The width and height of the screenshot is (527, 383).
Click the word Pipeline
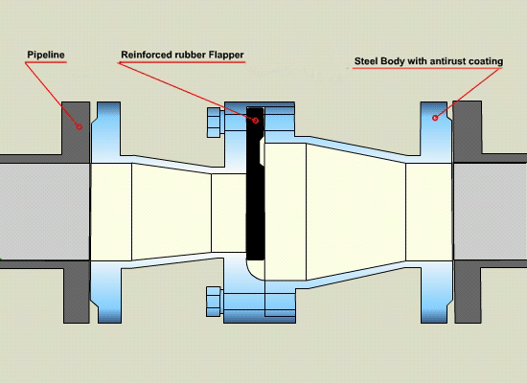46,55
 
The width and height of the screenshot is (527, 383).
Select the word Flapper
226,55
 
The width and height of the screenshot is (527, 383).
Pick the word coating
487,62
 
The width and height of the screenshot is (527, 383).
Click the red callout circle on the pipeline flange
80,127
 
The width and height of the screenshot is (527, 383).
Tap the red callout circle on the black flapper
256,121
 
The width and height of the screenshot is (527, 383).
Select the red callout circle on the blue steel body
435,118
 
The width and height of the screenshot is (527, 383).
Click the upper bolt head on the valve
216,123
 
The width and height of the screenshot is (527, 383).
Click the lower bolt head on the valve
215,302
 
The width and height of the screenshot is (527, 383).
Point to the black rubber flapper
255,184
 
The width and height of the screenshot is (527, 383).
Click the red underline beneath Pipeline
46,62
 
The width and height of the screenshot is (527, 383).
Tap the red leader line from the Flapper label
186,91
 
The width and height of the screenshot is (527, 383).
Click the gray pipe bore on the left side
45,212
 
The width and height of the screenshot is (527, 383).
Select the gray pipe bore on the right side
490,212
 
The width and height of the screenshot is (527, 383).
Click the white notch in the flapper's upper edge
263,152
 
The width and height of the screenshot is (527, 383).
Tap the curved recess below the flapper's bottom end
255,270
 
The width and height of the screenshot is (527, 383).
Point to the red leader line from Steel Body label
469,93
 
